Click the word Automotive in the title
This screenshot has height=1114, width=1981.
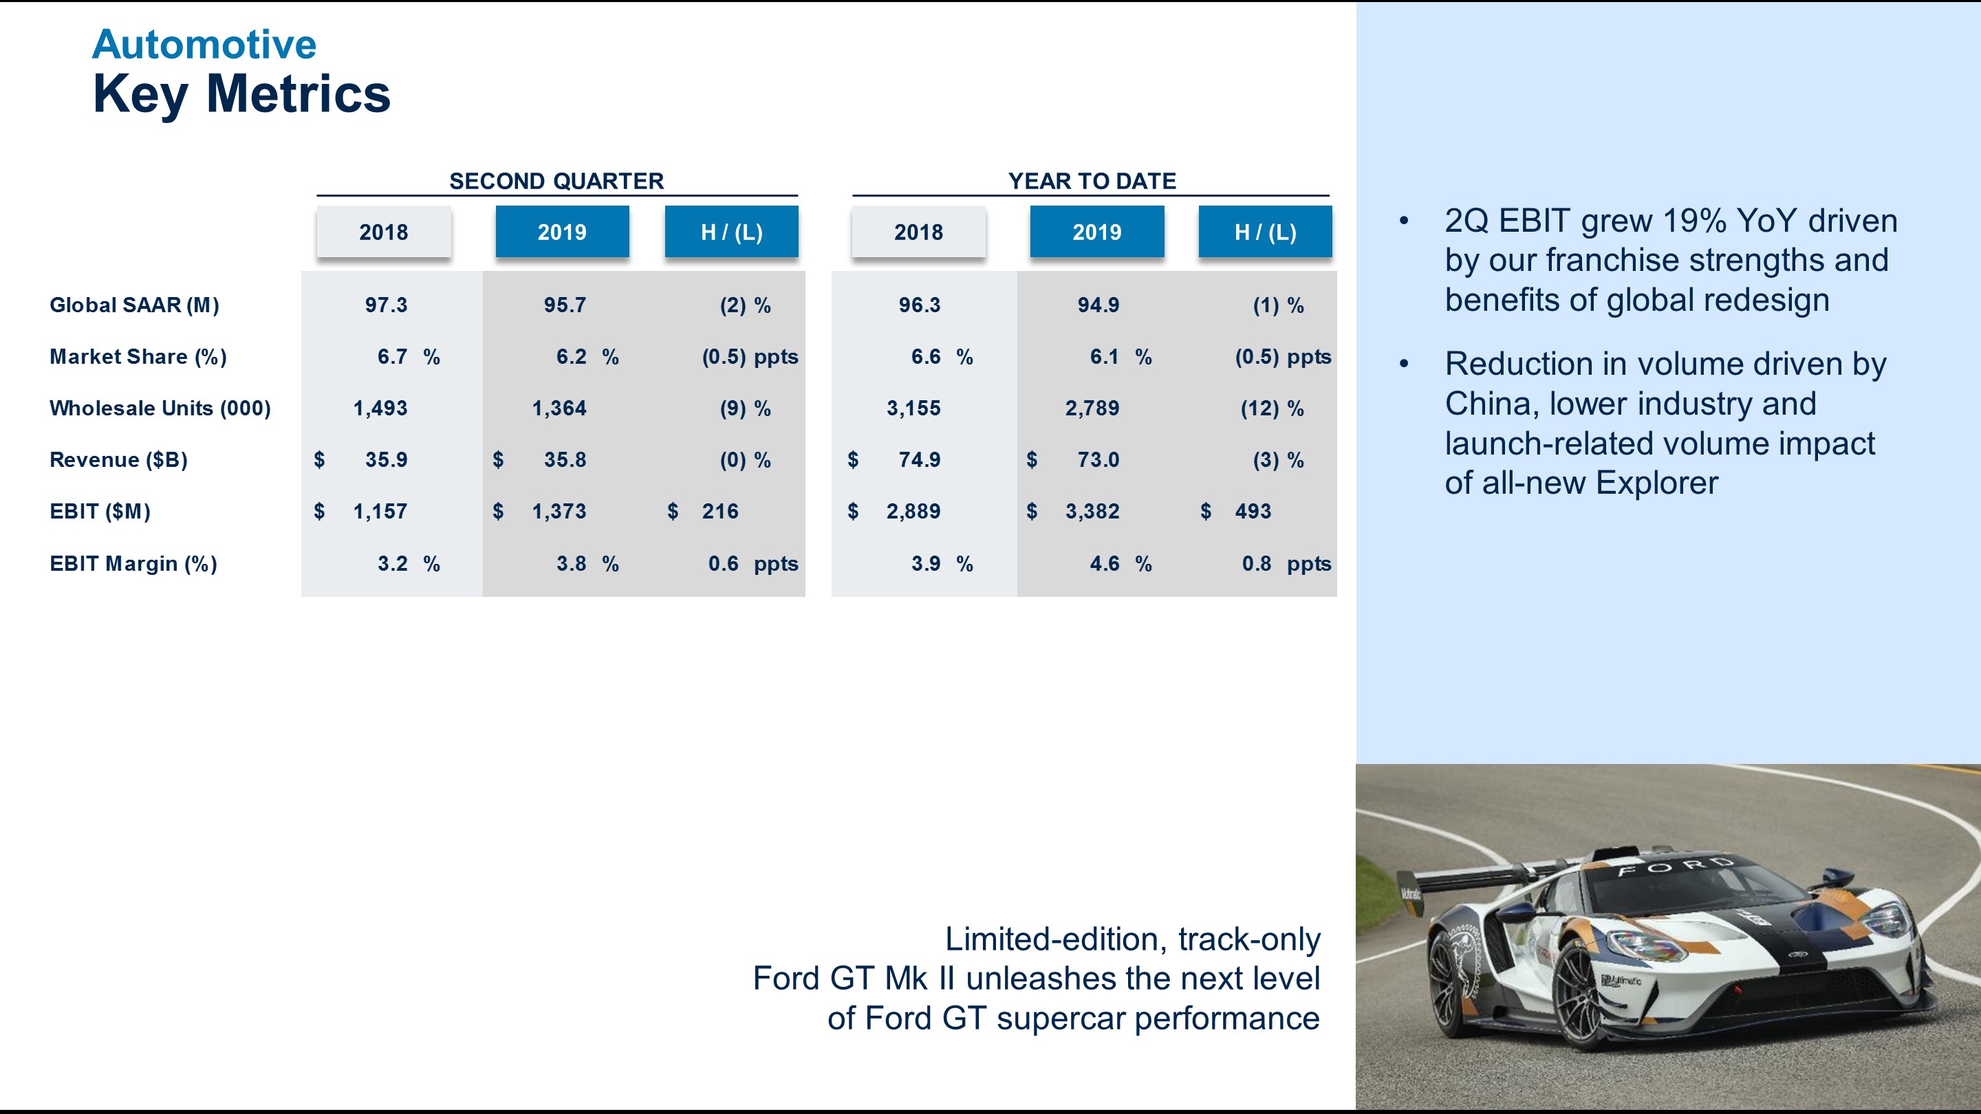point(204,44)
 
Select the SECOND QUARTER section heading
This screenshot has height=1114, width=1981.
point(556,181)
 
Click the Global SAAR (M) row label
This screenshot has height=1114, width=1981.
point(135,305)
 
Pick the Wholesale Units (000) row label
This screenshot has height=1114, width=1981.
point(160,408)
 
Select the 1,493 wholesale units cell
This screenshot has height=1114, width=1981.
point(380,408)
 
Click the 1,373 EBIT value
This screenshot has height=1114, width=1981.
point(559,511)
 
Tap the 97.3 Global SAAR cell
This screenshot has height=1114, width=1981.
point(386,305)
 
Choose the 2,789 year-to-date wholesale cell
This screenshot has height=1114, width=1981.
point(1092,408)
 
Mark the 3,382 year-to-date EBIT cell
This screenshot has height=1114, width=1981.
point(1092,511)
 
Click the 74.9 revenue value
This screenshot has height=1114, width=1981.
point(919,460)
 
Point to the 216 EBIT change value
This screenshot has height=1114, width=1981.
point(719,511)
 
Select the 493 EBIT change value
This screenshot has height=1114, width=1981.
point(1253,511)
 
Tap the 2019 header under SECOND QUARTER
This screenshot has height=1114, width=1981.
point(561,232)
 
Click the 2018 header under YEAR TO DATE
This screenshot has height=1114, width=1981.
point(918,232)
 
